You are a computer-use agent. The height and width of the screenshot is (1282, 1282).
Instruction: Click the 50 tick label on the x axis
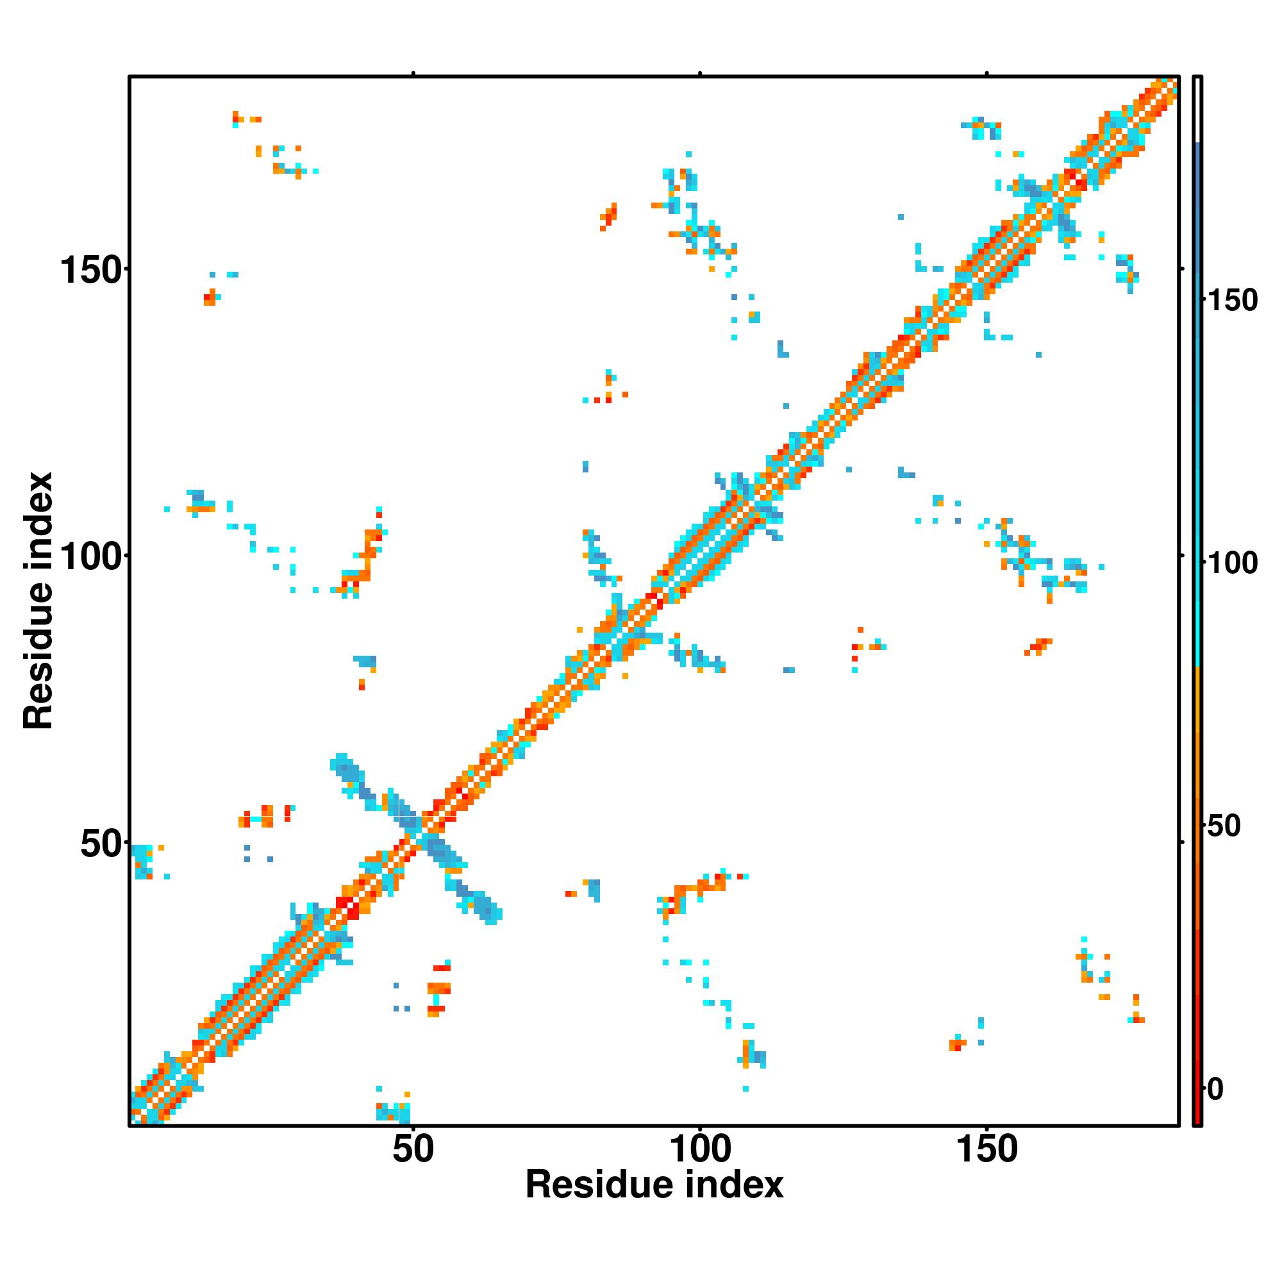tap(413, 1149)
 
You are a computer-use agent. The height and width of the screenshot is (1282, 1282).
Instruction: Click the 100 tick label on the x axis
tap(700, 1149)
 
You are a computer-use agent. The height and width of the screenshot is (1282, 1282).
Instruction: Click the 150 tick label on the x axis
tap(986, 1149)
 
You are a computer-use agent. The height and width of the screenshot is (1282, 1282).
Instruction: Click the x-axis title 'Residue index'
tap(654, 1185)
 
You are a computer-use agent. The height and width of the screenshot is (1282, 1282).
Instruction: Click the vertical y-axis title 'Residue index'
tap(38, 601)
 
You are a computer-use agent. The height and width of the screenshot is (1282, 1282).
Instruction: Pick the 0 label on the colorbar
tap(1215, 1089)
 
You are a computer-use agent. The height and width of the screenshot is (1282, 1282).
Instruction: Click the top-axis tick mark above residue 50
tap(413, 74)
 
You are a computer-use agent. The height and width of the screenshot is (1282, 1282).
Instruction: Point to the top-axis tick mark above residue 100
tap(700, 74)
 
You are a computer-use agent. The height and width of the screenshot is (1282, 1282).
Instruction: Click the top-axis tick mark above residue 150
tap(986, 74)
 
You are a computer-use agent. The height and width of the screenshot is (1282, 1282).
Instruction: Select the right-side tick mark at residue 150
tap(1182, 269)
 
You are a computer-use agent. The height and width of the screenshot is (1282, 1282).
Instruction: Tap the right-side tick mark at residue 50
tap(1182, 843)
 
